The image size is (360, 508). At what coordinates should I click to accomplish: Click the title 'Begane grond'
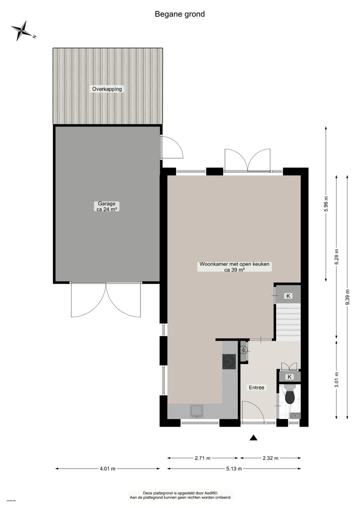[179, 14]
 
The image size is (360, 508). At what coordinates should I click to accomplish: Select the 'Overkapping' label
[107, 89]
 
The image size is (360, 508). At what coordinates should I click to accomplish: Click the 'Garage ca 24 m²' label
[106, 206]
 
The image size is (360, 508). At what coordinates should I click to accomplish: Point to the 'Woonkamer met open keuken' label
[234, 266]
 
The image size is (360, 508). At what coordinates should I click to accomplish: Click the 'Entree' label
[256, 387]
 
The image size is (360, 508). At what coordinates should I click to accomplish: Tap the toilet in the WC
[289, 397]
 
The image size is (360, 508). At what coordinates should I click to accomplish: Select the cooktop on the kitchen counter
[229, 361]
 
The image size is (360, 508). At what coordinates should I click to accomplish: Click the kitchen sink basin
[195, 411]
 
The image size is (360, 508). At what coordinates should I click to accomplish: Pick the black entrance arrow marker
[253, 438]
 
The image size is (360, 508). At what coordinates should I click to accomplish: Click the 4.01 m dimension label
[107, 469]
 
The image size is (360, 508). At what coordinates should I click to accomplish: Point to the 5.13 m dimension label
[233, 469]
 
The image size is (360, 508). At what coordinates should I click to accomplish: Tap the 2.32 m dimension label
[270, 458]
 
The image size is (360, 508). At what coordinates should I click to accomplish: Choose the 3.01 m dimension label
[336, 380]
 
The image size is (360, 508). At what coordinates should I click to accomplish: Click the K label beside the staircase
[288, 296]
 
